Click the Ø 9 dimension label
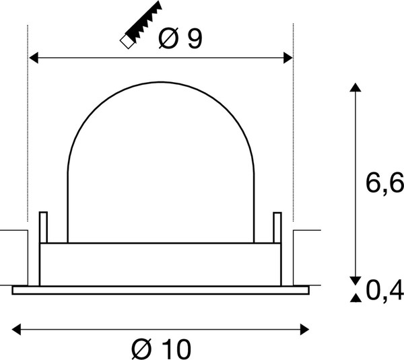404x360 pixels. point(180,39)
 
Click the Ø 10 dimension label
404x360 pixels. point(162,349)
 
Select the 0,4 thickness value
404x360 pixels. point(384,291)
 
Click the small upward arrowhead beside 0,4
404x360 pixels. point(354,297)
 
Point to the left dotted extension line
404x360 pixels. point(28,135)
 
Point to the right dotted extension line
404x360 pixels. point(292,135)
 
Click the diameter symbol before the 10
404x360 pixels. point(143,349)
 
